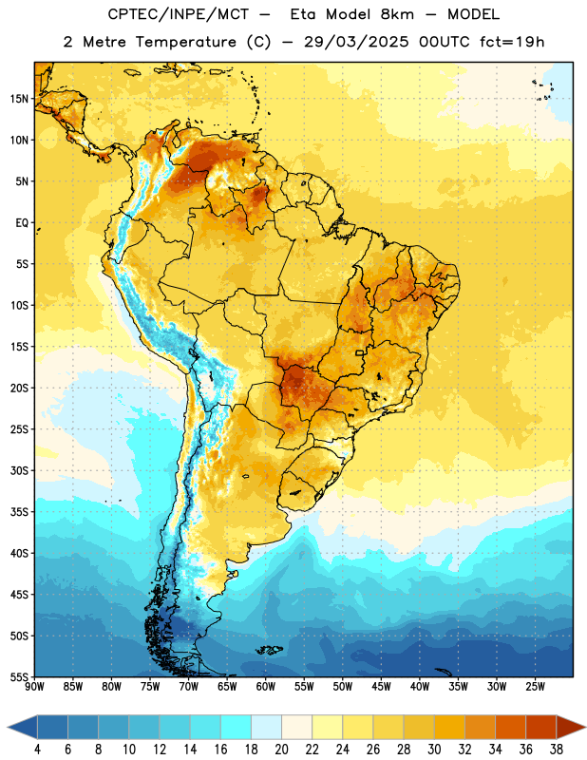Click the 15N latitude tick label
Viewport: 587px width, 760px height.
coord(19,99)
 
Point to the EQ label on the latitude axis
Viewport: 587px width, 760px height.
coord(22,223)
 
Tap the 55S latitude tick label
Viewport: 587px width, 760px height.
coord(19,676)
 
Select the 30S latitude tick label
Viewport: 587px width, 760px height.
coord(19,470)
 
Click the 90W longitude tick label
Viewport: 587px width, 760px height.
coord(34,686)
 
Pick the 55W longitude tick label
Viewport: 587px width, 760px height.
coord(304,686)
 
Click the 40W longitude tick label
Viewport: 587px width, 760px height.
coord(420,686)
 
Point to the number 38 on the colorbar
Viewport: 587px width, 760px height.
coord(556,750)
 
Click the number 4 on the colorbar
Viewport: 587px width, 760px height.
coord(37,750)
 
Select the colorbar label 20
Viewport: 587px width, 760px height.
coord(281,750)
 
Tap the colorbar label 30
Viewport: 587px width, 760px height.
coord(434,750)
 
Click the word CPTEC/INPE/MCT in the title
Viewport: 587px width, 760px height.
coord(178,14)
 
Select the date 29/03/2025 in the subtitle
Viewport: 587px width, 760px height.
coord(356,42)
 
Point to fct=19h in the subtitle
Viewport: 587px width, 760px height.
coord(512,42)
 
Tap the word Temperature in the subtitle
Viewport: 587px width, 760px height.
coord(185,43)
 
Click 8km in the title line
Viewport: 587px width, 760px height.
coord(397,14)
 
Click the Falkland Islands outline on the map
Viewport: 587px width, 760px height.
coord(270,650)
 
